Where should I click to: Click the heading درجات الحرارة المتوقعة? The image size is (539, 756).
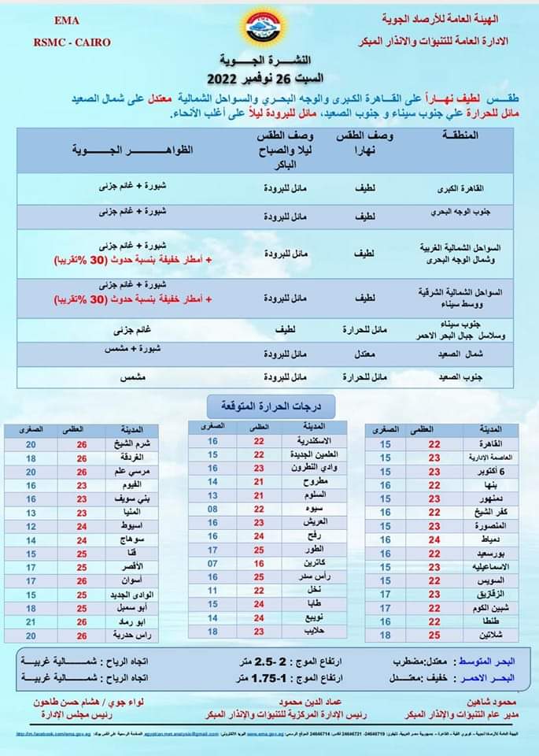click(270, 406)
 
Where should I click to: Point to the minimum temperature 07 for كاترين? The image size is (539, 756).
click(212, 564)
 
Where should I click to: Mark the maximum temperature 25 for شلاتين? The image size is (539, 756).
click(434, 634)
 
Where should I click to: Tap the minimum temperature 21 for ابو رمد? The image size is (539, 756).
click(31, 621)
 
